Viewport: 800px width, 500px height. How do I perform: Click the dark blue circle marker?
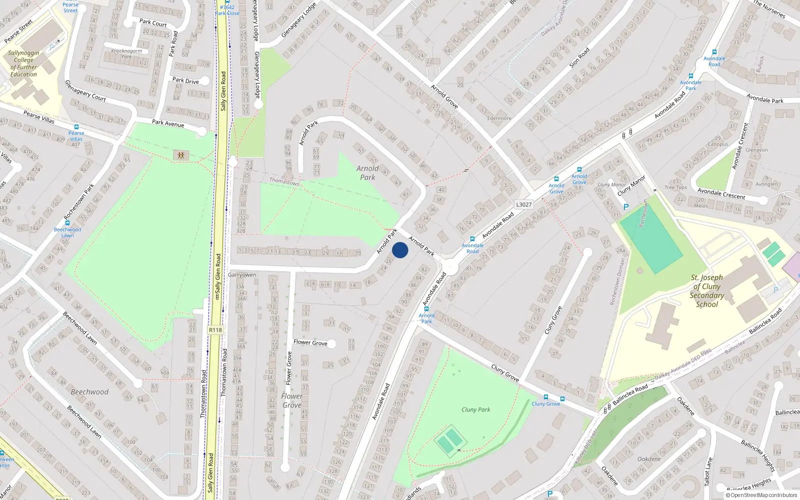[400, 250]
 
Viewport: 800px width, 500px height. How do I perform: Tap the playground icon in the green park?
[181, 155]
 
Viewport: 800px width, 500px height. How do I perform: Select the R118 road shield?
[215, 330]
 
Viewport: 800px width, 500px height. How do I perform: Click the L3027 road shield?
[523, 204]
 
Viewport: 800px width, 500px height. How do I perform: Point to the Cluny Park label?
[475, 409]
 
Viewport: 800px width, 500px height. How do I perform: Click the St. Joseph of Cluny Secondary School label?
[706, 290]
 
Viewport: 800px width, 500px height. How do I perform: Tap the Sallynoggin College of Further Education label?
[23, 63]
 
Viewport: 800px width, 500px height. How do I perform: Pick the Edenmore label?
[499, 118]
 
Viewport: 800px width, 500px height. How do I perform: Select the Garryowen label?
[242, 275]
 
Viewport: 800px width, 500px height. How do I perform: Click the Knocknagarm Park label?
[126, 53]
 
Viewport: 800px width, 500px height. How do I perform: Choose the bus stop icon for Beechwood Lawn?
[67, 223]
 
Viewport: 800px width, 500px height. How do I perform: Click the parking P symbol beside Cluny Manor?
[625, 206]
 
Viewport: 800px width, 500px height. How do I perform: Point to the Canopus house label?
[718, 144]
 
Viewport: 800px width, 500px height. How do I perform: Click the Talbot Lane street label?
[708, 471]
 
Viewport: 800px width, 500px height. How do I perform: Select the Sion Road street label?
[579, 57]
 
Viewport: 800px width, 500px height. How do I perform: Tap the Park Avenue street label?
[168, 123]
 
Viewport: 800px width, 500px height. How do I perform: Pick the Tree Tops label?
[675, 187]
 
